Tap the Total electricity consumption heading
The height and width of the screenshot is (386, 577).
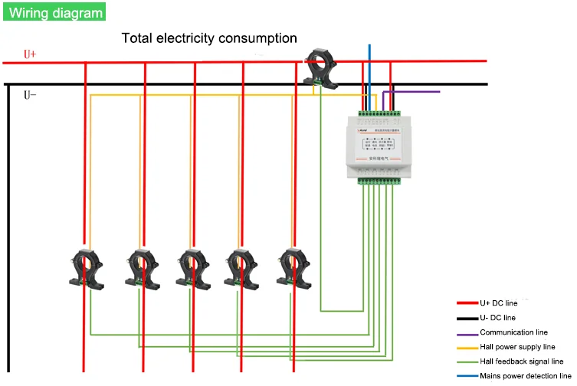pos(209,38)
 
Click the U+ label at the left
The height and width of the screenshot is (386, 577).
pos(30,54)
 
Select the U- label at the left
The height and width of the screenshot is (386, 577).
pos(30,95)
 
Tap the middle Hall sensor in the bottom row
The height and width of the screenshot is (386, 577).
pos(193,266)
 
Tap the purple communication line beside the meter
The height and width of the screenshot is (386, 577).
pos(418,92)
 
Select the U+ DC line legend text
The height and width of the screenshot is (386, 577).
pos(499,303)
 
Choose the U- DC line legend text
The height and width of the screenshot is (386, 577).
pos(498,318)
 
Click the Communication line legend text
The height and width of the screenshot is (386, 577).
pos(513,332)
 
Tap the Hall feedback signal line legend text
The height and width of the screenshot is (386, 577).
pos(521,361)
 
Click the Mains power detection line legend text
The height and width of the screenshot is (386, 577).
pos(526,376)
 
